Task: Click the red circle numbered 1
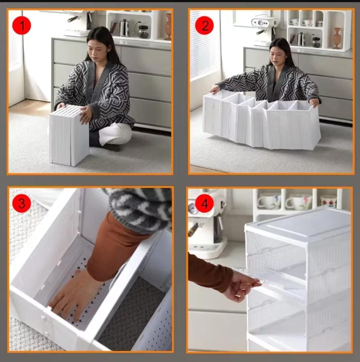click(22, 25)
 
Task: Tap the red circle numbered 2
click(204, 25)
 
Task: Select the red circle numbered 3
click(22, 203)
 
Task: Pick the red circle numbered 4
click(204, 203)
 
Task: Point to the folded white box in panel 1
click(69, 135)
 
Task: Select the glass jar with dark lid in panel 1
click(143, 32)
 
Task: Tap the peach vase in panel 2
click(337, 38)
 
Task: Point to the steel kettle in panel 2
click(300, 39)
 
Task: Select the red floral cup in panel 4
click(329, 201)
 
